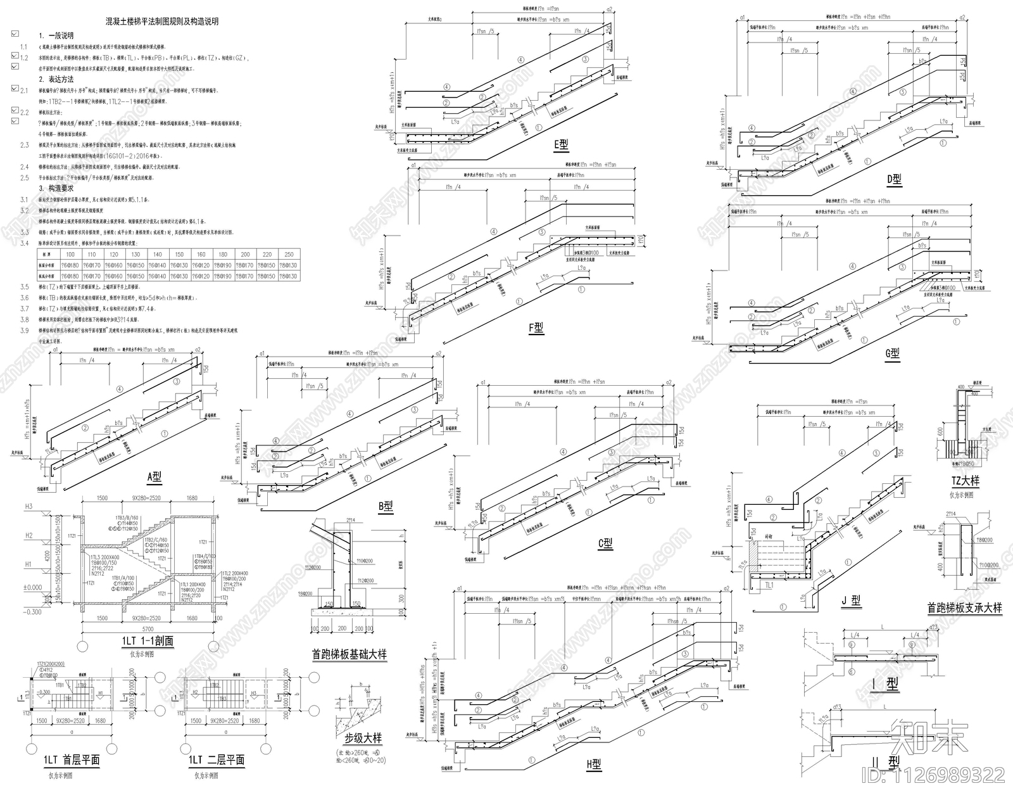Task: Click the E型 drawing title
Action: (x=561, y=145)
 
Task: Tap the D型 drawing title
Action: (x=893, y=180)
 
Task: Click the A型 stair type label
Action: (x=154, y=477)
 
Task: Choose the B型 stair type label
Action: (x=386, y=506)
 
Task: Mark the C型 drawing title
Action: (x=605, y=543)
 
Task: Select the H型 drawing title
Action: (x=593, y=765)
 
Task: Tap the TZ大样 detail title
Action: (x=965, y=481)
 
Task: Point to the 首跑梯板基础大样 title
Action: (x=349, y=654)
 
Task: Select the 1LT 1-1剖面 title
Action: (x=148, y=641)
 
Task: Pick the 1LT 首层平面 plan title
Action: (x=72, y=760)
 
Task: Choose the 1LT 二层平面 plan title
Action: (x=217, y=760)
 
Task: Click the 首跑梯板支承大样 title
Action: (x=964, y=607)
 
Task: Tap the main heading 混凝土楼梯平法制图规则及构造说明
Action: (x=162, y=22)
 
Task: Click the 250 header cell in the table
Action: (x=289, y=255)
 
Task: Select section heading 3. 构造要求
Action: (x=56, y=188)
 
